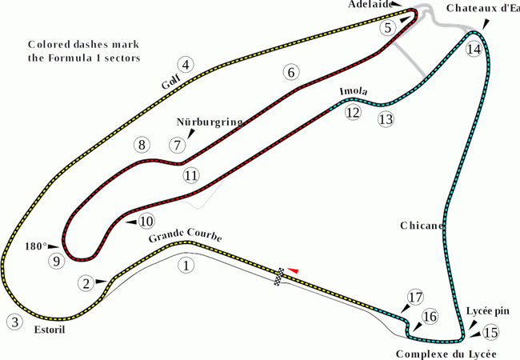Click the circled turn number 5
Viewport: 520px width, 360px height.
point(388,28)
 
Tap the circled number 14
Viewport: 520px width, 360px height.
point(474,49)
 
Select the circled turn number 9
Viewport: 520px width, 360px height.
point(57,262)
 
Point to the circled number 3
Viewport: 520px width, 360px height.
point(14,322)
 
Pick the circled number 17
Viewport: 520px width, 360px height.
point(415,298)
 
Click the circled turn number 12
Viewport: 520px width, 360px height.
point(353,113)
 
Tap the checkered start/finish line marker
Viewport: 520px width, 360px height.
point(279,277)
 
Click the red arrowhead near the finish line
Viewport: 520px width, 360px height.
point(293,270)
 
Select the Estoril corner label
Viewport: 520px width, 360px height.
point(50,330)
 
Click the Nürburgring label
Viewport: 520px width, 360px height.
point(210,122)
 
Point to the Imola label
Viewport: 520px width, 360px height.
point(354,91)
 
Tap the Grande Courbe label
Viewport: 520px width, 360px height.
point(185,235)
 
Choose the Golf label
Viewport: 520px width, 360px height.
point(170,82)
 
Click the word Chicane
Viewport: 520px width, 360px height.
point(422,226)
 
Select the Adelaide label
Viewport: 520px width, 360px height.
point(370,4)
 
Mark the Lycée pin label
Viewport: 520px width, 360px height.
point(487,311)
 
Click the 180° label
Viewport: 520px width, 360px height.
point(36,246)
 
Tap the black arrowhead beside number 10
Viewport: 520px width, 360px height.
point(130,222)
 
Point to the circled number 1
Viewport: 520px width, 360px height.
point(186,266)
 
